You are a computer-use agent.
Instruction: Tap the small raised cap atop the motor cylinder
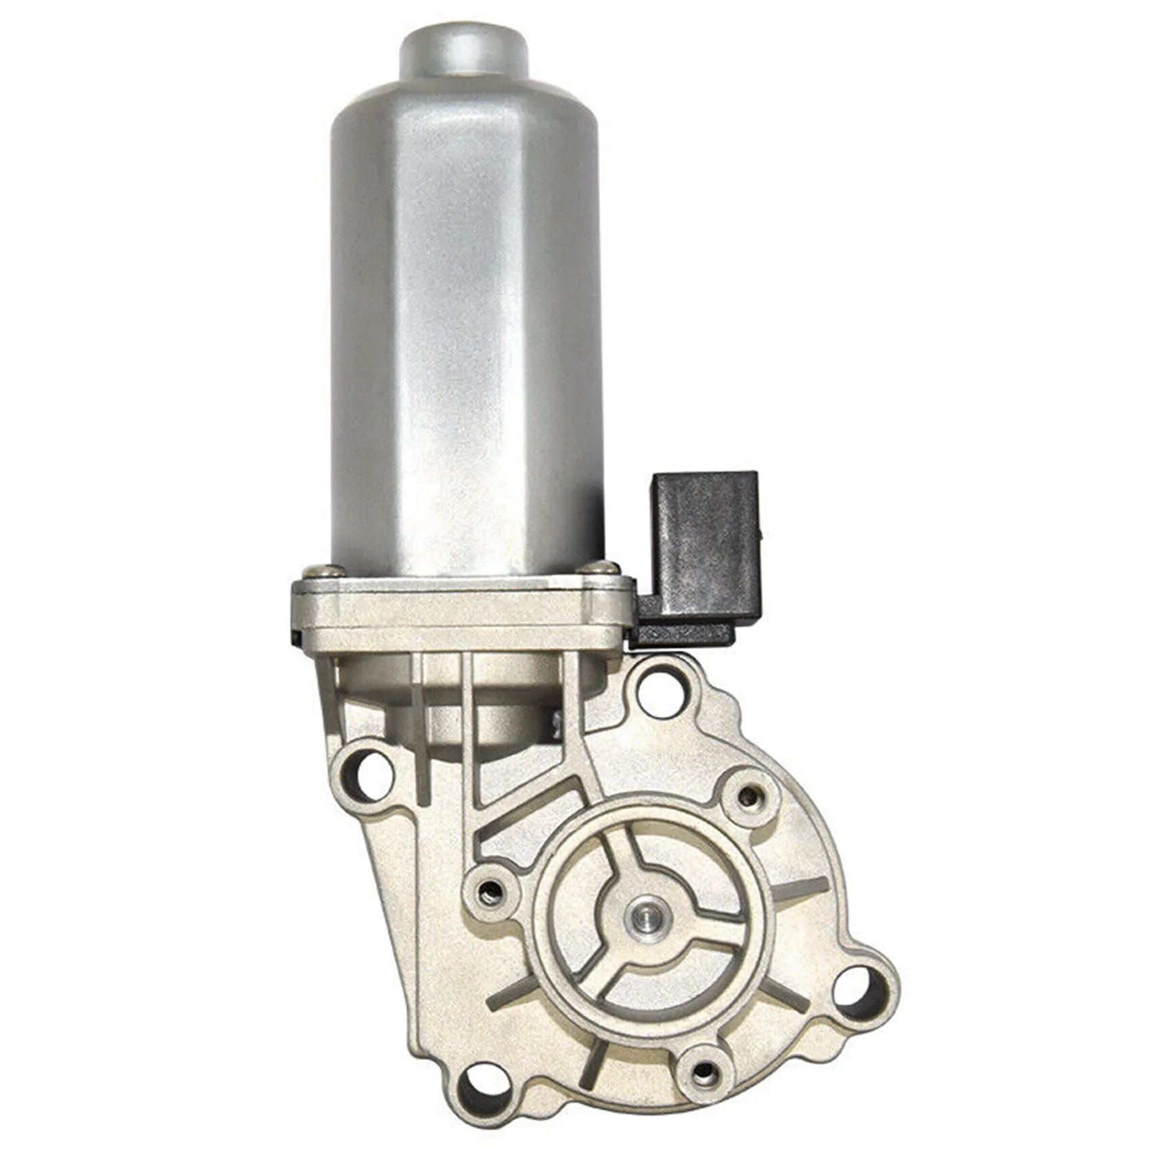pyautogui.click(x=463, y=51)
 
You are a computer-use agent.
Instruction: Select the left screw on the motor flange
pyautogui.click(x=316, y=572)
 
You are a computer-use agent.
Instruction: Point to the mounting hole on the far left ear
pyautogui.click(x=371, y=775)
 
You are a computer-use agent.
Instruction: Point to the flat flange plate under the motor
pyautogui.click(x=460, y=612)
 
